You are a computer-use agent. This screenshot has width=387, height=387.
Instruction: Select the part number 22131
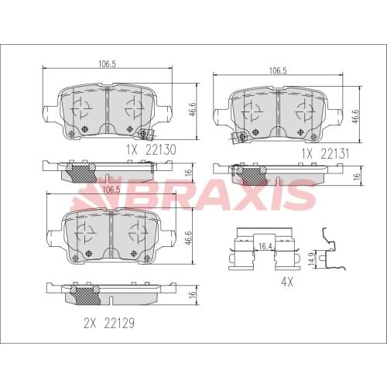click(337, 153)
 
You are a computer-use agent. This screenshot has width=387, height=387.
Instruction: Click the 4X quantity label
click(286, 283)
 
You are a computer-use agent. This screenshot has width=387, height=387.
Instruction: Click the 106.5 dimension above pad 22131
click(279, 70)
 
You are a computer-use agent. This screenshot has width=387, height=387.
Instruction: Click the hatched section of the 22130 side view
click(80, 171)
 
